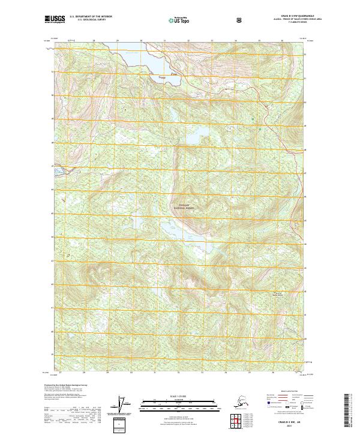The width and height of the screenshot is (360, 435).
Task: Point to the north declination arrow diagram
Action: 124,405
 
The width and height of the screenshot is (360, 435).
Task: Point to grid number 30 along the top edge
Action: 141,41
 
